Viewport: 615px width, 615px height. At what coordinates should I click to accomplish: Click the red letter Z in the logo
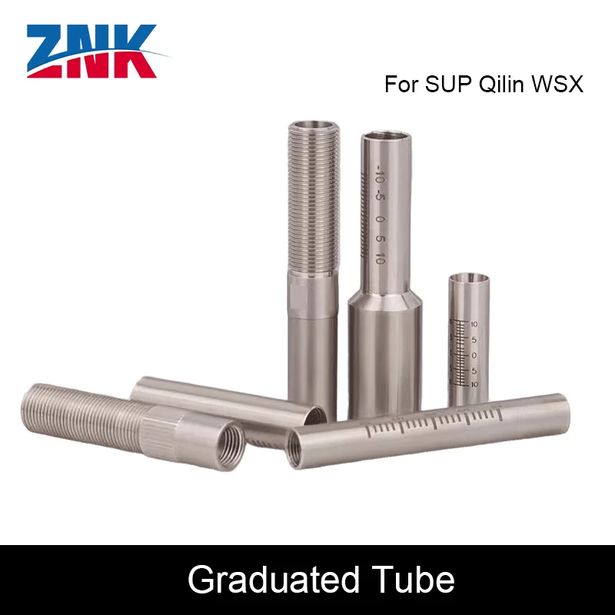pos(52,51)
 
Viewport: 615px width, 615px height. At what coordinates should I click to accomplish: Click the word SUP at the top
pos(448,85)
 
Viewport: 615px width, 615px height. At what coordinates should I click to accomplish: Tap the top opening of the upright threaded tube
pos(312,125)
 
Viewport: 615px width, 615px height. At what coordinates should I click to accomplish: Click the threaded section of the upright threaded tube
pos(312,200)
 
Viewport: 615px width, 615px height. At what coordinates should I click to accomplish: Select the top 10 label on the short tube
pos(475,324)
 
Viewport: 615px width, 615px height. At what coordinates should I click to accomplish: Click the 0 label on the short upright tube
pos(475,354)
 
